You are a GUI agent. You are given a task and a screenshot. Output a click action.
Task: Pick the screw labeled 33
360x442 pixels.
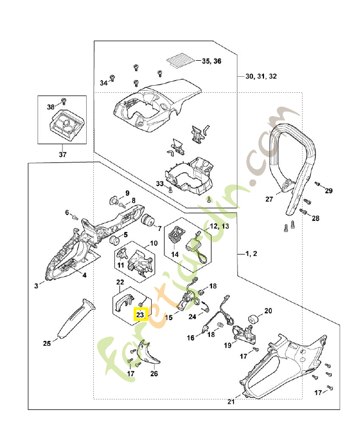tap(171, 189)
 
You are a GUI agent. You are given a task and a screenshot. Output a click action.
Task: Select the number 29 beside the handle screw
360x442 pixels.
tap(329, 191)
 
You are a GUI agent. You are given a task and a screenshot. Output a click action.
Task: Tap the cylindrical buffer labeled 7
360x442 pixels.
tap(147, 221)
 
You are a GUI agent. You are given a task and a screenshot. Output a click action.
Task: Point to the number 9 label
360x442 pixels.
tap(126, 193)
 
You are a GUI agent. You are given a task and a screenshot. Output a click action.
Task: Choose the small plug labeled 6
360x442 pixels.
tap(74, 218)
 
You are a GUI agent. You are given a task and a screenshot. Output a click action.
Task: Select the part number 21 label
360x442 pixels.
tap(231, 402)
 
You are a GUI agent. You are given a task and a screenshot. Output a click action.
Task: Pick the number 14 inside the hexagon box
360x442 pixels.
tap(174, 254)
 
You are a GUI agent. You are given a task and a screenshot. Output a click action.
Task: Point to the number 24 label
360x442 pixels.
tap(192, 317)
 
